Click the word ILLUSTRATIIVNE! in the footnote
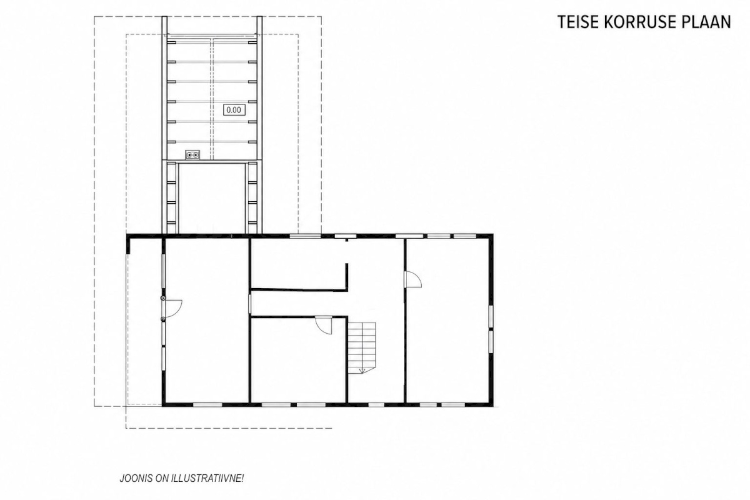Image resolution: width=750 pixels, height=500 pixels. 207,479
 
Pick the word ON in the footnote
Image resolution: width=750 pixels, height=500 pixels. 162,479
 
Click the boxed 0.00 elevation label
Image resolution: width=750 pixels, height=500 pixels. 234,110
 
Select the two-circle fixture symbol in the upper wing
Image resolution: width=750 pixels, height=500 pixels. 192,155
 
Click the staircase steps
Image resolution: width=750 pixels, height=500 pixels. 362,347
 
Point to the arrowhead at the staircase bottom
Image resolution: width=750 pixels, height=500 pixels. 362,370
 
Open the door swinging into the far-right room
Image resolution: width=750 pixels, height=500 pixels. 413,279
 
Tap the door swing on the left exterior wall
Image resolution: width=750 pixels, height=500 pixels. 174,308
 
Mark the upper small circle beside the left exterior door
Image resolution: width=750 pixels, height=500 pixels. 162,297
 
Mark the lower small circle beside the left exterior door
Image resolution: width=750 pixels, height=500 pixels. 162,319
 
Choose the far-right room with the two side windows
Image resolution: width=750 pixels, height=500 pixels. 447,320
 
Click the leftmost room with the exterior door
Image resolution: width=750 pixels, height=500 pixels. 207,320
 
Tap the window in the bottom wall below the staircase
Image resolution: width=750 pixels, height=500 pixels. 376,404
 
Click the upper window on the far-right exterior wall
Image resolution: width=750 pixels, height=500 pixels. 491,316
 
